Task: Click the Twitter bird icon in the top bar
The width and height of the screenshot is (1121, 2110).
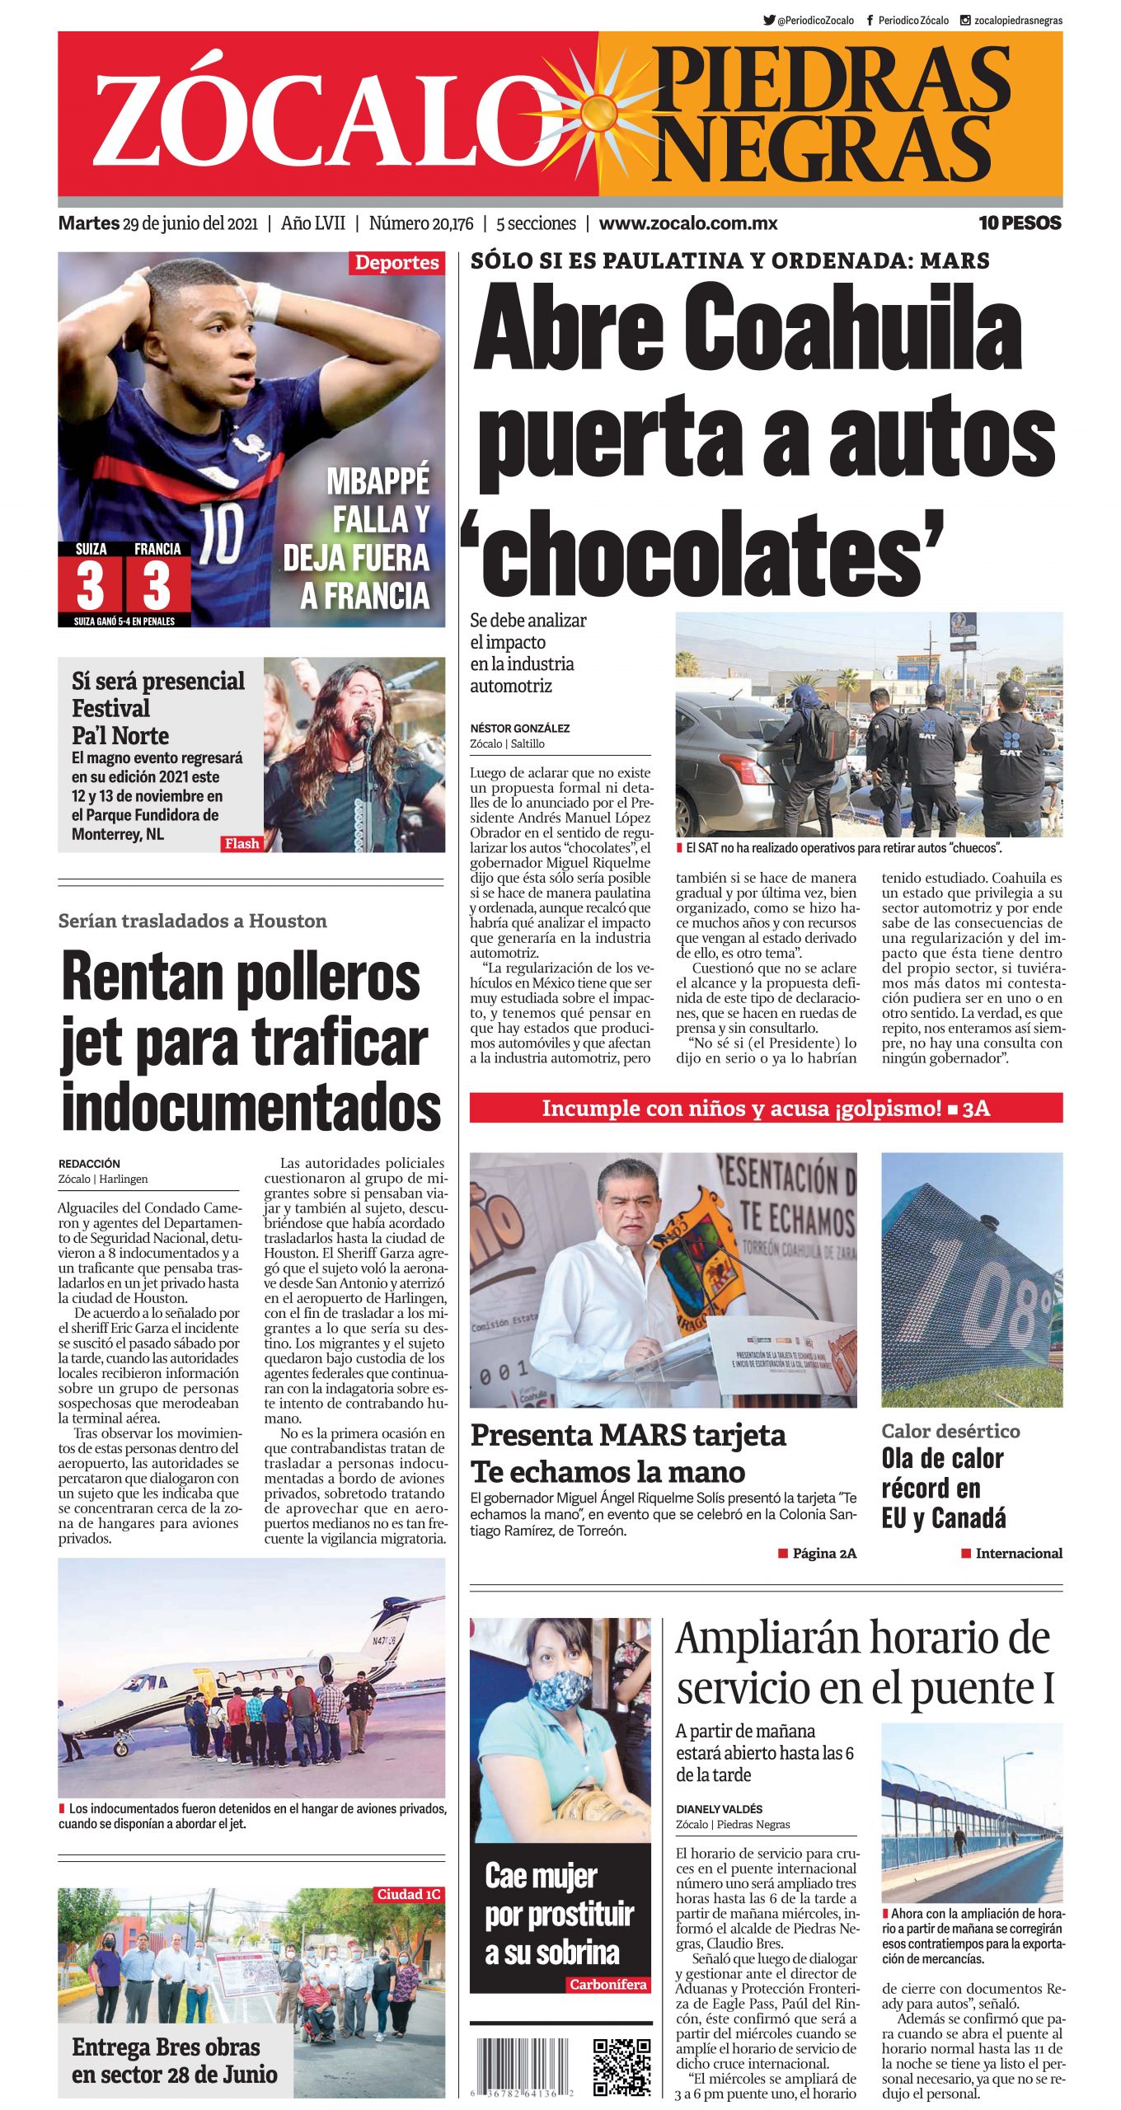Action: click(x=768, y=21)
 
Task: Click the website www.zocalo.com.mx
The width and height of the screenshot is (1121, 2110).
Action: click(x=687, y=223)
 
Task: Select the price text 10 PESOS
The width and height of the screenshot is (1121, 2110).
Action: click(x=1019, y=223)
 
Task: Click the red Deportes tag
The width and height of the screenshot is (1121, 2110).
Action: click(x=396, y=263)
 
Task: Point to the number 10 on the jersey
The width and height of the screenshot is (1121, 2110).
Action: click(x=222, y=534)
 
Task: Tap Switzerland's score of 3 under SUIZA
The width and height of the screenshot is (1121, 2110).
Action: click(x=90, y=586)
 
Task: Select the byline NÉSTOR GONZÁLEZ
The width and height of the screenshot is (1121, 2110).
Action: click(x=519, y=729)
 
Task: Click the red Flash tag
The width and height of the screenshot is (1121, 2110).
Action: click(x=242, y=843)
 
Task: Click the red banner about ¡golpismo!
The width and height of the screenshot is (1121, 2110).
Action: click(x=765, y=1109)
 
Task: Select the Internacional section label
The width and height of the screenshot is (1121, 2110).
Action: click(x=1018, y=1554)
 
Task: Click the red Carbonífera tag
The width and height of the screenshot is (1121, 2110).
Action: click(x=607, y=1985)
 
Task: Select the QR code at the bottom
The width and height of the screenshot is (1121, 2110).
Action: click(x=622, y=2067)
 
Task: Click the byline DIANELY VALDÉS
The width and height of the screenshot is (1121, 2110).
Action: click(x=719, y=1809)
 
